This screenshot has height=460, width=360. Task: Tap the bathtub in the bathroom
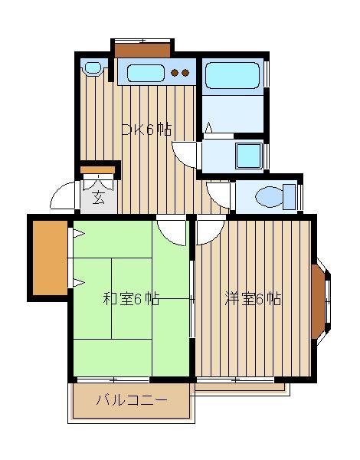coord(233,75)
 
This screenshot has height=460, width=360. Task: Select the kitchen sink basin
coord(145,73)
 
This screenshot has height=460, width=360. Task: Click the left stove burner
coord(175,73)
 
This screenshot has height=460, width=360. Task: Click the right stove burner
coord(185,73)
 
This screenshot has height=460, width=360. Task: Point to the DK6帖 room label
coord(146,130)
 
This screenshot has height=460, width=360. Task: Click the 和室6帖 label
coord(131,299)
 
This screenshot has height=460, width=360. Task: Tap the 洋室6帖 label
coord(253,299)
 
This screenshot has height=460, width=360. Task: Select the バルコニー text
coord(132,400)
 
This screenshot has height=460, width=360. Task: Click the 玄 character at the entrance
coord(99,198)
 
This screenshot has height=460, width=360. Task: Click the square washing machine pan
coord(249,156)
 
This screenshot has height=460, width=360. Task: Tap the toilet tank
coord(290,197)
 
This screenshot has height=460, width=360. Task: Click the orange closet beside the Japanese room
coord(50,258)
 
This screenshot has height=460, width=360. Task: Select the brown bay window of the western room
coord(319,301)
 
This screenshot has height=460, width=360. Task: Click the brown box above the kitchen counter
coord(142,50)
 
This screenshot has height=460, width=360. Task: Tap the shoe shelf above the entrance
coord(97,170)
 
